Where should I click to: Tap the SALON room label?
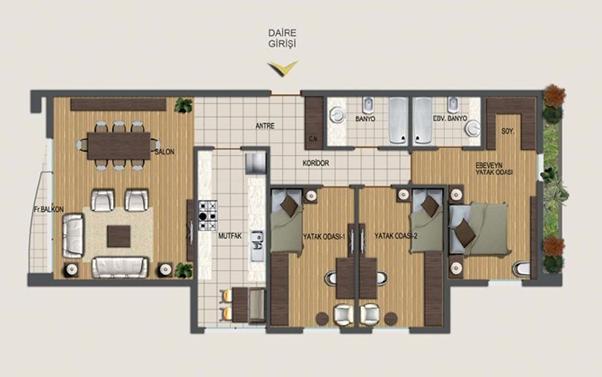pos(164,152)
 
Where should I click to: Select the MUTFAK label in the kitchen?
pos(230,236)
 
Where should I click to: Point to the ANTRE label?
pos(265,126)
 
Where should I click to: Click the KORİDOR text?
pos(315,163)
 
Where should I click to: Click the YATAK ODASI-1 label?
pos(324,237)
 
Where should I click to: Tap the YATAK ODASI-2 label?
pos(396,237)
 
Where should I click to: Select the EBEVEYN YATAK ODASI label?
pos(494,169)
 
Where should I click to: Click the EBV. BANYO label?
pos(450,118)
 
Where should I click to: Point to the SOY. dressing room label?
pos(508,132)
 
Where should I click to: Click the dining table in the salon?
pos(119,145)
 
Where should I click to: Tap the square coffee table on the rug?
pos(119,236)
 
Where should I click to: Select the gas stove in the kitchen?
pos(208,215)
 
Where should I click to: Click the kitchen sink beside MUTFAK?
pos(257,246)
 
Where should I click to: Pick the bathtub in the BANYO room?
pos(398,121)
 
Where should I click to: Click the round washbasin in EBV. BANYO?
pos(473,128)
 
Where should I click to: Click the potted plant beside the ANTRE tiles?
pos(183,105)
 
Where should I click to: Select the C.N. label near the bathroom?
pos(314,138)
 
